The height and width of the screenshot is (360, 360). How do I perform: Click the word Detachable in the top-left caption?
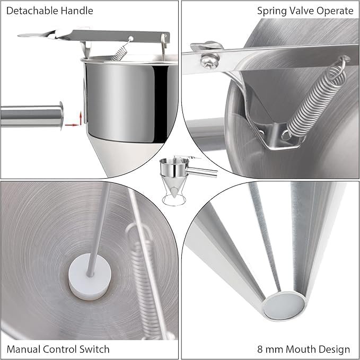pyautogui.click(x=32, y=11)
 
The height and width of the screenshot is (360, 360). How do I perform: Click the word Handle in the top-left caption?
pyautogui.click(x=77, y=11)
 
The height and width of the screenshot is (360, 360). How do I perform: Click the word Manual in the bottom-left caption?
pyautogui.click(x=23, y=349)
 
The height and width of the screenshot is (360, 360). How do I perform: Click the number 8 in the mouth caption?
pyautogui.click(x=260, y=349)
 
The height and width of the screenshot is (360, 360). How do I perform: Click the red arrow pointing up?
pyautogui.click(x=81, y=118)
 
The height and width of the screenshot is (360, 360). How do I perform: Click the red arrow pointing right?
pyautogui.click(x=72, y=125)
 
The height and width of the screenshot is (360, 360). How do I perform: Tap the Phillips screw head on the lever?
pyautogui.click(x=209, y=61)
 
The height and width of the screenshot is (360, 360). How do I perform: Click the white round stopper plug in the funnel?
pyautogui.click(x=90, y=277)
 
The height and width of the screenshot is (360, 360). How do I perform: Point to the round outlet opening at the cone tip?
pyautogui.click(x=284, y=306)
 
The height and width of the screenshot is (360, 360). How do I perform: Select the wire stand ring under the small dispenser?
pyautogui.click(x=174, y=200)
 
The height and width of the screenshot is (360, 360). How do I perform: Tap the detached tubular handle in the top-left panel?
pyautogui.click(x=32, y=116)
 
